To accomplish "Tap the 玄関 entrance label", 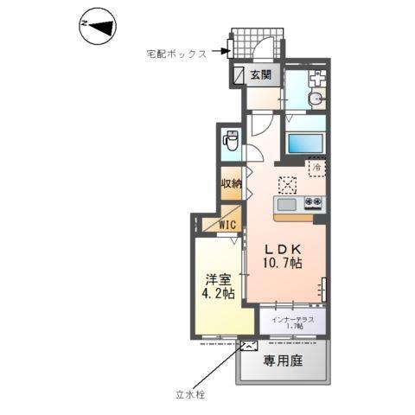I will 261,75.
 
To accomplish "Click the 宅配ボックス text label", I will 176,54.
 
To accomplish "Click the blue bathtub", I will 304,144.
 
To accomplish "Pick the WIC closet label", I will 227,226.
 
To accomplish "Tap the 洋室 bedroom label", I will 216,281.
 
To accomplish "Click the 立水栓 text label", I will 188,395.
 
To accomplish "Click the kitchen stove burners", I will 312,204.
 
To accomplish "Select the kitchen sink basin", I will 286,204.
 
